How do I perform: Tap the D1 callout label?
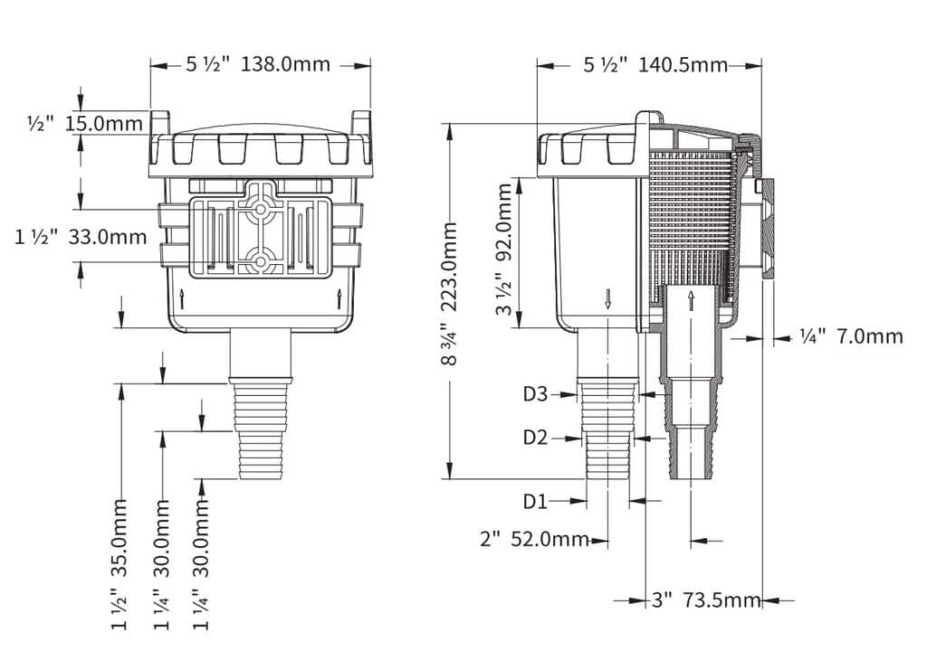click(x=536, y=502)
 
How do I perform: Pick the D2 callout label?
click(x=536, y=438)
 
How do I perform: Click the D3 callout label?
click(x=536, y=394)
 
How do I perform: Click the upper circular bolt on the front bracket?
click(x=259, y=209)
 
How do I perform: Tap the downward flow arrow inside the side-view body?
click(x=607, y=298)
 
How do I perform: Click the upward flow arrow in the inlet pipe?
click(x=691, y=300)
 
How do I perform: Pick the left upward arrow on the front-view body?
click(x=181, y=299)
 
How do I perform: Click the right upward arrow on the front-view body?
click(x=339, y=299)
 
